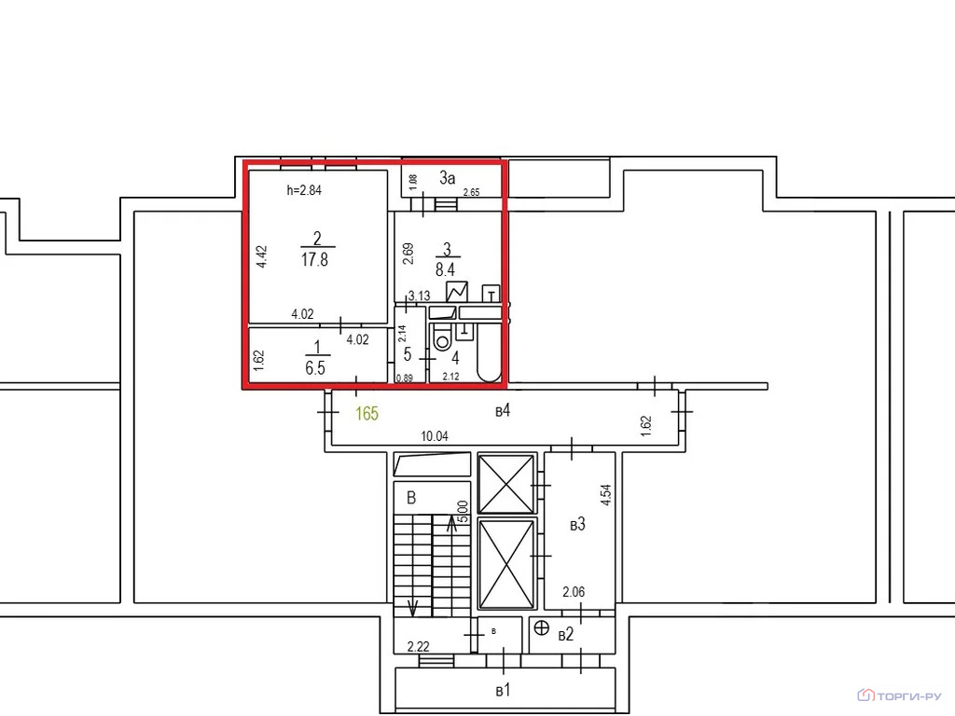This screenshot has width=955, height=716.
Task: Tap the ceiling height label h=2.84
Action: [304, 191]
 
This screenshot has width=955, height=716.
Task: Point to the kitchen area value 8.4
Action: [448, 270]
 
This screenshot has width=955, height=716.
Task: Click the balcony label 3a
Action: [448, 176]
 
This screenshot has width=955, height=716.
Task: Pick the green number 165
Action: [367, 413]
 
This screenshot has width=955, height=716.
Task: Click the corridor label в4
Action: [503, 410]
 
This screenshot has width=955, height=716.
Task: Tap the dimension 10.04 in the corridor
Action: [436, 436]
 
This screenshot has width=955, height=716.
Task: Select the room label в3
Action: [577, 525]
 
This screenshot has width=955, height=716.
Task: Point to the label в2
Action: [565, 635]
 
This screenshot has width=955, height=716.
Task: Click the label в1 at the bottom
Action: [504, 691]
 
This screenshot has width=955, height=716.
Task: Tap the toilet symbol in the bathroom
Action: [443, 339]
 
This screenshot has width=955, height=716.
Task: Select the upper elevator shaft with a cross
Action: [505, 483]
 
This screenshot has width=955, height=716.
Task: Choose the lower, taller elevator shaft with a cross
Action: [505, 563]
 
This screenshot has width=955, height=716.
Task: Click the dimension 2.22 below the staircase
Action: [417, 646]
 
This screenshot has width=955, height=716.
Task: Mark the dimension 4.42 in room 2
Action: [263, 256]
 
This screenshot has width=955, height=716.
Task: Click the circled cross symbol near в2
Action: [541, 627]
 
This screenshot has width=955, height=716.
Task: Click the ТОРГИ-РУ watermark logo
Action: [901, 695]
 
